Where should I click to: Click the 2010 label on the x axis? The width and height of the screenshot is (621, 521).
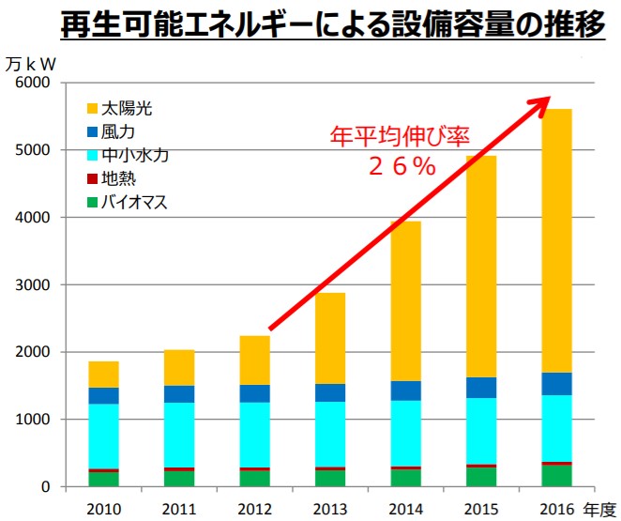pyautogui.click(x=104, y=508)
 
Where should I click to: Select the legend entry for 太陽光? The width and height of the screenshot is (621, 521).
pyautogui.click(x=127, y=109)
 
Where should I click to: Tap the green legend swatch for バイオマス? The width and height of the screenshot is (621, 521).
pyautogui.click(x=92, y=201)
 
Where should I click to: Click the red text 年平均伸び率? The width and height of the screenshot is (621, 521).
pyautogui.click(x=398, y=136)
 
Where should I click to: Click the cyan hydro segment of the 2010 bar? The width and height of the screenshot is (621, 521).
pyautogui.click(x=104, y=437)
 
